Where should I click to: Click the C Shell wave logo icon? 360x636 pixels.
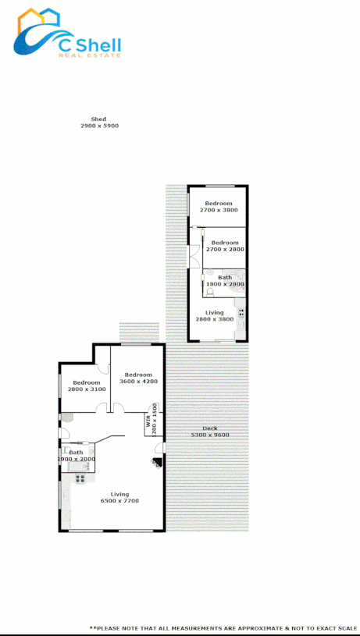pos(39,35)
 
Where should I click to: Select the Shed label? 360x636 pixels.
pos(98,119)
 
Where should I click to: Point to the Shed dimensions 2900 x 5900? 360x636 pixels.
pos(99,126)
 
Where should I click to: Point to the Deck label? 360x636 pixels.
pos(210,428)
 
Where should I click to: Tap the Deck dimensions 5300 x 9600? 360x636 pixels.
pos(210,435)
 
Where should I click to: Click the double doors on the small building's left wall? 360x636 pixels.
pos(191,257)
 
